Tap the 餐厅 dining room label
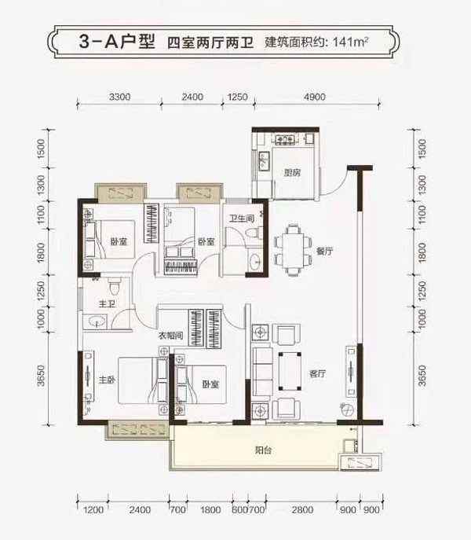(x=326, y=252)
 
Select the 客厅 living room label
(x=317, y=373)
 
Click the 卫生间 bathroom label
(x=240, y=219)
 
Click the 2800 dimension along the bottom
(x=301, y=511)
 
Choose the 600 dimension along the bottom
(x=236, y=511)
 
